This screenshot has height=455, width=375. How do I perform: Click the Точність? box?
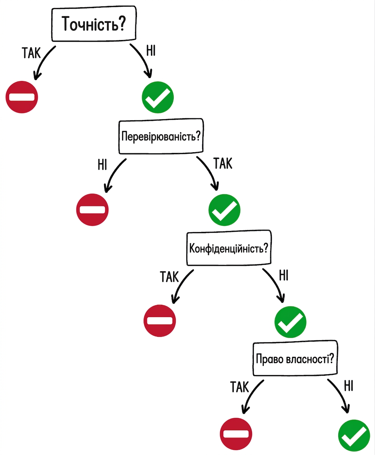[94, 24]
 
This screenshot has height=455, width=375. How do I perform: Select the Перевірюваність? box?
[161, 136]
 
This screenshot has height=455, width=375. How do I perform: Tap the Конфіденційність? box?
[229, 248]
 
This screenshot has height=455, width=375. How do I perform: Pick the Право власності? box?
[295, 358]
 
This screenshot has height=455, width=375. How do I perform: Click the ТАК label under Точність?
[31, 53]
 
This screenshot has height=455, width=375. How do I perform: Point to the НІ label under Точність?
[151, 50]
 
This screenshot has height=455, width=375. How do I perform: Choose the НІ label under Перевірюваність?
[102, 165]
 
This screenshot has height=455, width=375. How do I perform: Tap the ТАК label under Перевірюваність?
[223, 163]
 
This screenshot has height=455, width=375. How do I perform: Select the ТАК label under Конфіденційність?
[169, 277]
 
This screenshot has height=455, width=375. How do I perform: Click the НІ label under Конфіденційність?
[284, 276]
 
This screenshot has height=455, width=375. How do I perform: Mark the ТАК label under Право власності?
[240, 387]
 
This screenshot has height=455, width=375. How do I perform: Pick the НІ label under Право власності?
[349, 386]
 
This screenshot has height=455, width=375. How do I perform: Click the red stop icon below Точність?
[22, 97]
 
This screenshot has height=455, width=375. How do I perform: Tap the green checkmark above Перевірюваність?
[158, 97]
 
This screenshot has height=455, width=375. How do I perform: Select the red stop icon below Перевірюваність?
[92, 210]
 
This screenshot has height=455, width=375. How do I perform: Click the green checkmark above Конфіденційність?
[225, 210]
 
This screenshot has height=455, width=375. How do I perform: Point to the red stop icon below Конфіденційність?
[160, 321]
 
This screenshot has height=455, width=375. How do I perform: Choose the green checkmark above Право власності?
[290, 322]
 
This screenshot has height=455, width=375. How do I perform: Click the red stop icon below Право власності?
[236, 434]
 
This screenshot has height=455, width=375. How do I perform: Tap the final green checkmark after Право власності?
[354, 436]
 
